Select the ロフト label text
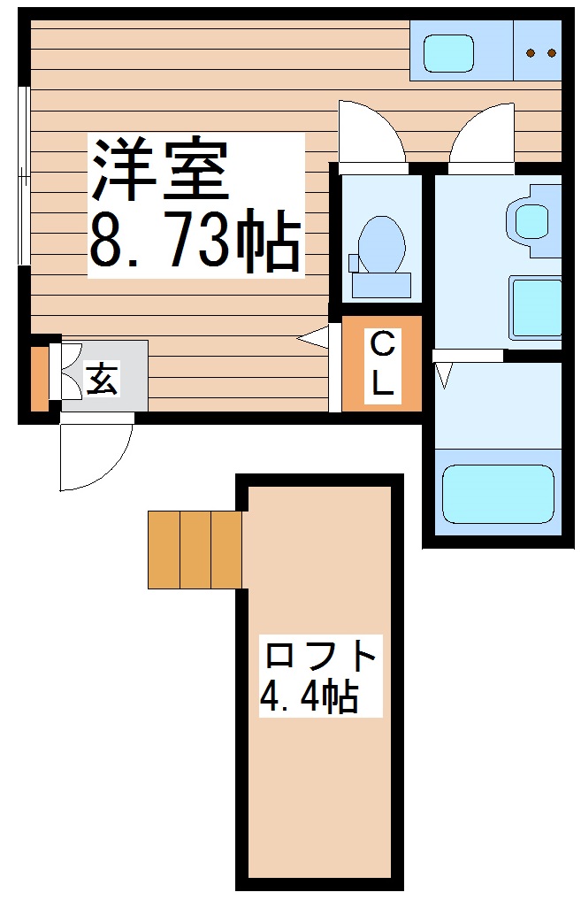(322, 656)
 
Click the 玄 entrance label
(101, 380)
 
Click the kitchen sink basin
(449, 54)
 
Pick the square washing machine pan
(536, 307)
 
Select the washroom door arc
(482, 133)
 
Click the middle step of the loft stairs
(195, 550)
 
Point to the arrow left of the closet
(313, 337)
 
